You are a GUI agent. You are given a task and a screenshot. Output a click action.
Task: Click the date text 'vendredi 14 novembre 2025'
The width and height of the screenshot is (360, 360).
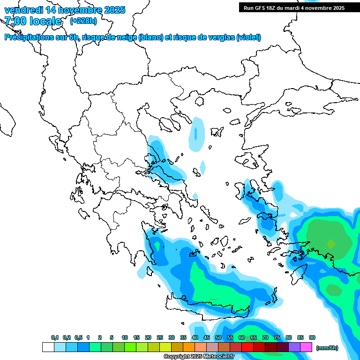click(x=65, y=10)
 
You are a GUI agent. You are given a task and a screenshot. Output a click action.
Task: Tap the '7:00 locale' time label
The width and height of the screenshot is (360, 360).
click(x=33, y=21)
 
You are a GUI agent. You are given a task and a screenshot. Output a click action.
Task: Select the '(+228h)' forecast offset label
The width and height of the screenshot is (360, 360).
click(x=83, y=21)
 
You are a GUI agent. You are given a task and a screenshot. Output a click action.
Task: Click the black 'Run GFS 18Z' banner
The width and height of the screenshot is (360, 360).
click(x=294, y=7)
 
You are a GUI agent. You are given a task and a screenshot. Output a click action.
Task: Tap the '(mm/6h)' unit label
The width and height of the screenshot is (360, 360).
click(x=327, y=348)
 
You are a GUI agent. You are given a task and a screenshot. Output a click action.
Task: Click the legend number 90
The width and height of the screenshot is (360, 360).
click(x=312, y=337)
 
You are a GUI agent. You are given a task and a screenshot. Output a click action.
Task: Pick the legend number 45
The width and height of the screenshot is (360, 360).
click(x=207, y=337)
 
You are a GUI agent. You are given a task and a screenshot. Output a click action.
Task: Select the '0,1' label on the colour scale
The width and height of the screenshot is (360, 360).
click(x=55, y=337)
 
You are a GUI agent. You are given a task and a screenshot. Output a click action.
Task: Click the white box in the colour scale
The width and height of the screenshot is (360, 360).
click(x=48, y=347)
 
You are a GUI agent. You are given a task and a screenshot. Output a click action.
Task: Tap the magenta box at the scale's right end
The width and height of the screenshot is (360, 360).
click(x=306, y=347)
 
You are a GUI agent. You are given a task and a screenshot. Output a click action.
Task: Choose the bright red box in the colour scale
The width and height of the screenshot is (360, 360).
click(x=247, y=347)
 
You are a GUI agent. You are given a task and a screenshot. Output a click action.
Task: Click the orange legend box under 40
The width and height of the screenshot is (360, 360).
click(x=189, y=347)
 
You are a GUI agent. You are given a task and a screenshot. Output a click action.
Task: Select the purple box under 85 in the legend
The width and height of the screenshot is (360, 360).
click(x=294, y=347)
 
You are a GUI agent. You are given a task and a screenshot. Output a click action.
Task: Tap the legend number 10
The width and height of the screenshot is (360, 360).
click(x=125, y=337)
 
